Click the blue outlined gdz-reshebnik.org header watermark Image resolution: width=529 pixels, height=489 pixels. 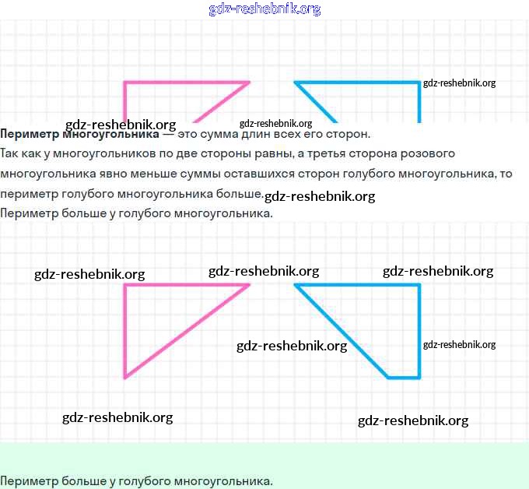pos(264,9)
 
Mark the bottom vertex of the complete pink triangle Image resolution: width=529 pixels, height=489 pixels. pos(124,378)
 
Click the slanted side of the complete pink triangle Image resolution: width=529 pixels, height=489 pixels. pos(187,332)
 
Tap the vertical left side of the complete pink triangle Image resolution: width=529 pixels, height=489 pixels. pos(124,331)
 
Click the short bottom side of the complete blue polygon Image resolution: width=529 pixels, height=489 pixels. pos(405,378)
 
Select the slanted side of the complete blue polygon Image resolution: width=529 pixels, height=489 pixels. pos(342,332)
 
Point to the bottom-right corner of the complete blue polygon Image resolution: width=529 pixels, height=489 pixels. pos(420,378)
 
